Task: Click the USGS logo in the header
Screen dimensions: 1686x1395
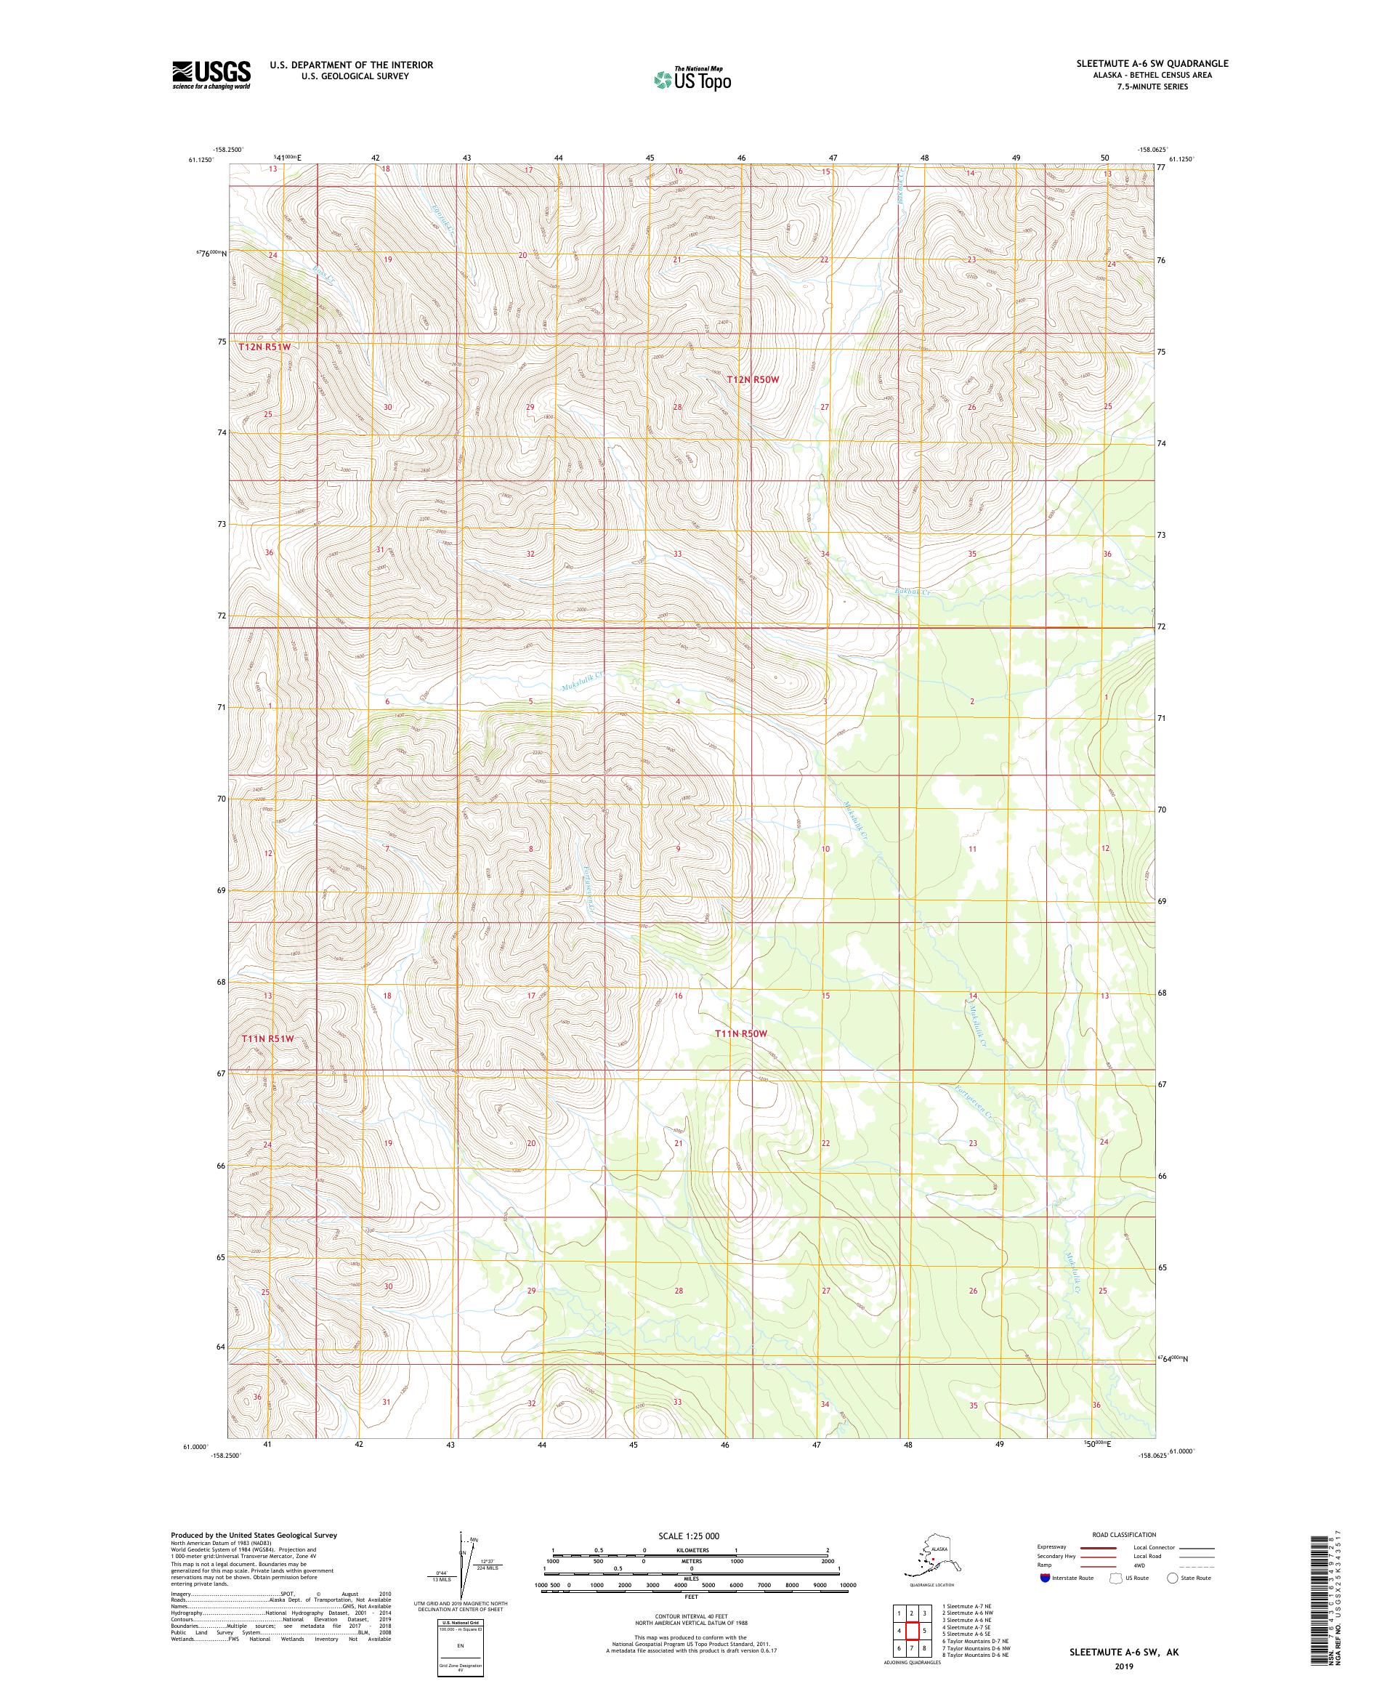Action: (210, 76)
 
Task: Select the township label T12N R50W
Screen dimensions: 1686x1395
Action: (752, 380)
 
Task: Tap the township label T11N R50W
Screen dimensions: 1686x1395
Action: (742, 1034)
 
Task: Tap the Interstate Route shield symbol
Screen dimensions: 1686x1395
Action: (1044, 1578)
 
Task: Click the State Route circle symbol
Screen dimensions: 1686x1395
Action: (1172, 1578)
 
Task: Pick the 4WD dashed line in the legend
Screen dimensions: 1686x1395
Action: (1197, 1565)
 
